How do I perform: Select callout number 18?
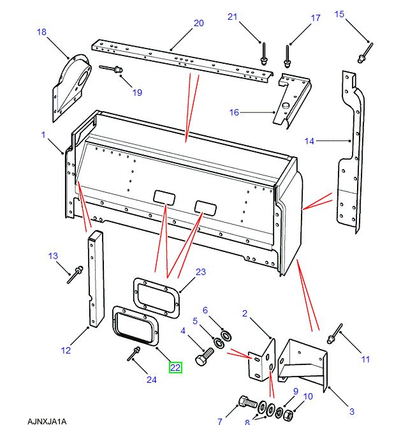[x=41, y=32]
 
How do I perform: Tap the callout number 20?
[x=198, y=24]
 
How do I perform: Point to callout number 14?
[x=309, y=140]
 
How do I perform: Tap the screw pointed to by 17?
[x=287, y=56]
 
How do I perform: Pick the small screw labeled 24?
[x=135, y=352]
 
